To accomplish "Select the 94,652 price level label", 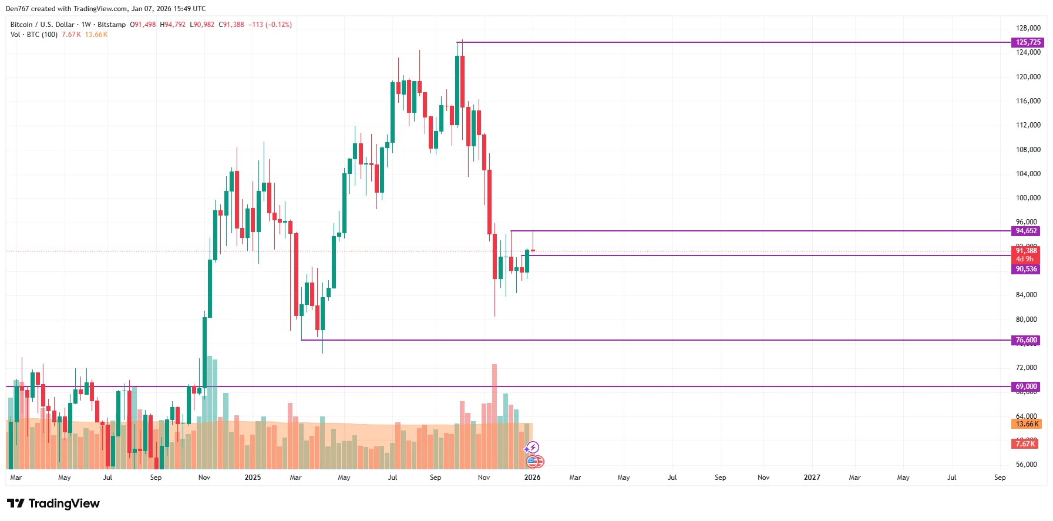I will coord(1026,231).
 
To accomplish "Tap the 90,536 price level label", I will coord(1026,269).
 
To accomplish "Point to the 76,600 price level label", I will coord(1026,340).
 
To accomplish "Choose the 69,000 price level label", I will coord(1026,386).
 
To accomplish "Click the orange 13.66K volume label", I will coord(1027,424).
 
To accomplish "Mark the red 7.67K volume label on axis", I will coord(1025,444).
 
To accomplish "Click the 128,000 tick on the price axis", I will coord(1028,28).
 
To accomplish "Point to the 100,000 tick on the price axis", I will coord(1028,198).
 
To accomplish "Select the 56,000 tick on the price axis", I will coord(1027,465).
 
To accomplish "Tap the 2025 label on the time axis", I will coord(253,478).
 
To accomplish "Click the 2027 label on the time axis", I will coord(812,478).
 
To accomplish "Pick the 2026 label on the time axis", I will coord(532,478).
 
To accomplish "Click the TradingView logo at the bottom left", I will coord(53,503).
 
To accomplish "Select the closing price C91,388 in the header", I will coord(231,25).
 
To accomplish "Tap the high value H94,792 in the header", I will coord(173,25).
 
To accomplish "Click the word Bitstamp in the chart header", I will coord(112,25).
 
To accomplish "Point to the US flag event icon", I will coord(532,462).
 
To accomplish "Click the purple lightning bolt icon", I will coord(533,448).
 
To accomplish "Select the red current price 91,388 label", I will coord(1026,251).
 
